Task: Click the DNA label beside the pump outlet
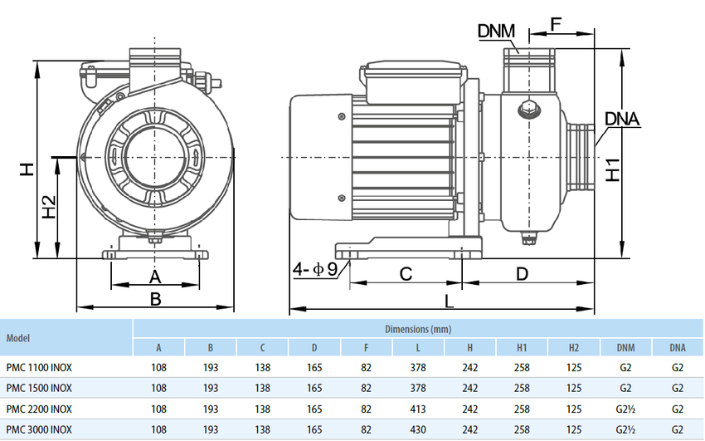622,119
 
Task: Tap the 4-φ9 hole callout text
314,269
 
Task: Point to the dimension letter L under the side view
449,301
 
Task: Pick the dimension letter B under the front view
155,297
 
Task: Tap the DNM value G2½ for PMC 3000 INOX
625,430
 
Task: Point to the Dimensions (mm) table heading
418,329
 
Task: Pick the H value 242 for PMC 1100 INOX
469,365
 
